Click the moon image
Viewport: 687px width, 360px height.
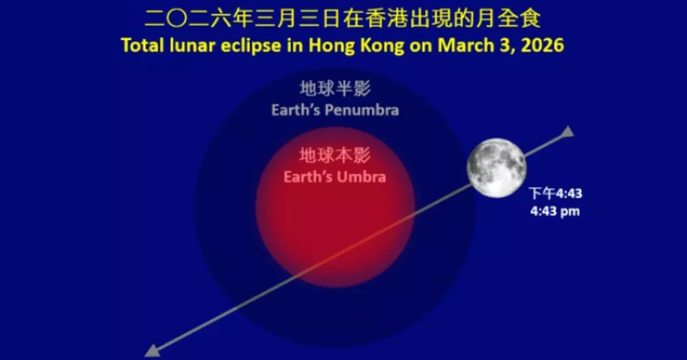click(496, 167)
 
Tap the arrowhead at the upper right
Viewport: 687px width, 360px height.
click(567, 132)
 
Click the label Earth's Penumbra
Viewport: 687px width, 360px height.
click(335, 110)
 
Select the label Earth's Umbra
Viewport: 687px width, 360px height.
click(335, 176)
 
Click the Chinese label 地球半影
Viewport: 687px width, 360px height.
click(335, 89)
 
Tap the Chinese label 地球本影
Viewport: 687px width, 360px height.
click(335, 155)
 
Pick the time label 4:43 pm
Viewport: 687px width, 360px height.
click(555, 211)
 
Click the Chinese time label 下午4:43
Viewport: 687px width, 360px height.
click(555, 193)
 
